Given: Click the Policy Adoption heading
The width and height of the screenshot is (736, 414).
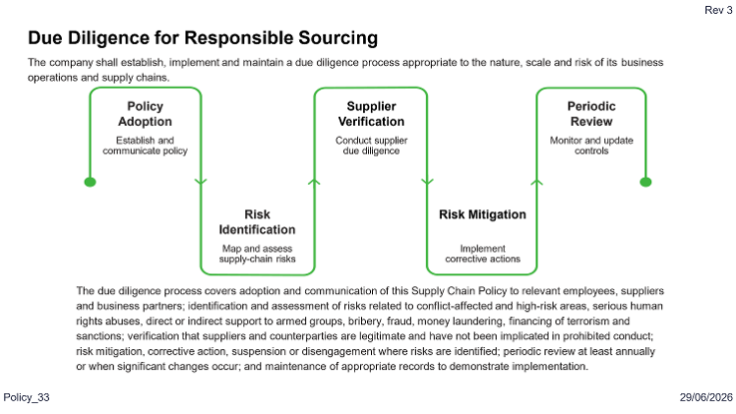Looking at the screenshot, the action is click(x=145, y=114).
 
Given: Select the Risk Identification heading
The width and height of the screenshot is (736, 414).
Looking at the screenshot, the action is click(x=257, y=222).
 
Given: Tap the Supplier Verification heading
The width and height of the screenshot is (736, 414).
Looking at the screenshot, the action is click(x=371, y=114).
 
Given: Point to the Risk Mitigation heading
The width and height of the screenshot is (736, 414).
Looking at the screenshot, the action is click(x=483, y=214).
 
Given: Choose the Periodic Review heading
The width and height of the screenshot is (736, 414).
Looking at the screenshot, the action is click(x=591, y=114).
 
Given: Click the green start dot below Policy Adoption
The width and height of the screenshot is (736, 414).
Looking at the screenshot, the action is click(x=90, y=183).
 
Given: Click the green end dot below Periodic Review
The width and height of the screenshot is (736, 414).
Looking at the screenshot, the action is click(x=646, y=183).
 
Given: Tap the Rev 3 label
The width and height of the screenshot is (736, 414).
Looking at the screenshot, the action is click(x=718, y=10).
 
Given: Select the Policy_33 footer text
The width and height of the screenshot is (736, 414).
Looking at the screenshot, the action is click(x=26, y=397).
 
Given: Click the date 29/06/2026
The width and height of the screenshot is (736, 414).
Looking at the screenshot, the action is click(x=706, y=397).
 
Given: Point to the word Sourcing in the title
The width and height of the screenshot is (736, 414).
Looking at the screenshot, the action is click(x=338, y=38).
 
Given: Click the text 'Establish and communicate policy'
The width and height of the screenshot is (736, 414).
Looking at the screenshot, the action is click(x=145, y=146).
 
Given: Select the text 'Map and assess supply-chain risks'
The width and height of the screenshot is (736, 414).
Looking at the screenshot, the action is click(x=257, y=253).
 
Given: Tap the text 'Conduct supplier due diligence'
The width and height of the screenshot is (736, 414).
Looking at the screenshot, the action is click(x=371, y=146).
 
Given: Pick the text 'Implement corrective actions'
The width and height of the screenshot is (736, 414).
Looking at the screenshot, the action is click(x=483, y=253).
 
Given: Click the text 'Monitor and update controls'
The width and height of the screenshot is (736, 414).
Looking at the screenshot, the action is click(x=591, y=146).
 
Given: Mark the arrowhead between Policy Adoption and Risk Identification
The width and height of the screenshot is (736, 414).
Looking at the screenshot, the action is click(x=200, y=183).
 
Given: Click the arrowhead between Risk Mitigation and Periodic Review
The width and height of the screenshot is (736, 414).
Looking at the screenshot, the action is click(x=537, y=183).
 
